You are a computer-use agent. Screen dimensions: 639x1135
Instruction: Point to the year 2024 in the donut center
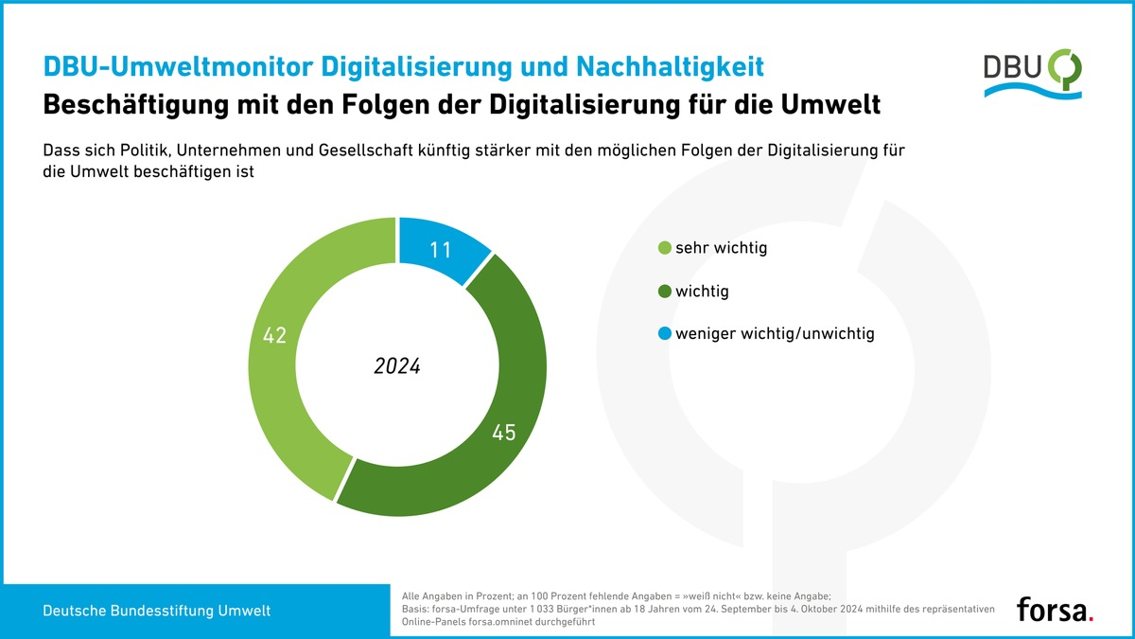397,366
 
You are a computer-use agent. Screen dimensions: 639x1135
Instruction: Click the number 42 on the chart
274,335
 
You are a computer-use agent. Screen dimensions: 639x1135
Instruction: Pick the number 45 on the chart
504,434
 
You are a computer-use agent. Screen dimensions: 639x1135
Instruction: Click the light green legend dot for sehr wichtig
664,249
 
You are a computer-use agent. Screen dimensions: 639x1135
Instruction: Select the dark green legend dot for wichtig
664,292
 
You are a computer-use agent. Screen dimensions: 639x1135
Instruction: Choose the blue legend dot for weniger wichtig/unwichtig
664,334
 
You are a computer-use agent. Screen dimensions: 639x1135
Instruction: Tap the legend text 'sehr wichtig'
721,249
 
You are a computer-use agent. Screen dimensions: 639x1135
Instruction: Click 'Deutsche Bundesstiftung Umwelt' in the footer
156,612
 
